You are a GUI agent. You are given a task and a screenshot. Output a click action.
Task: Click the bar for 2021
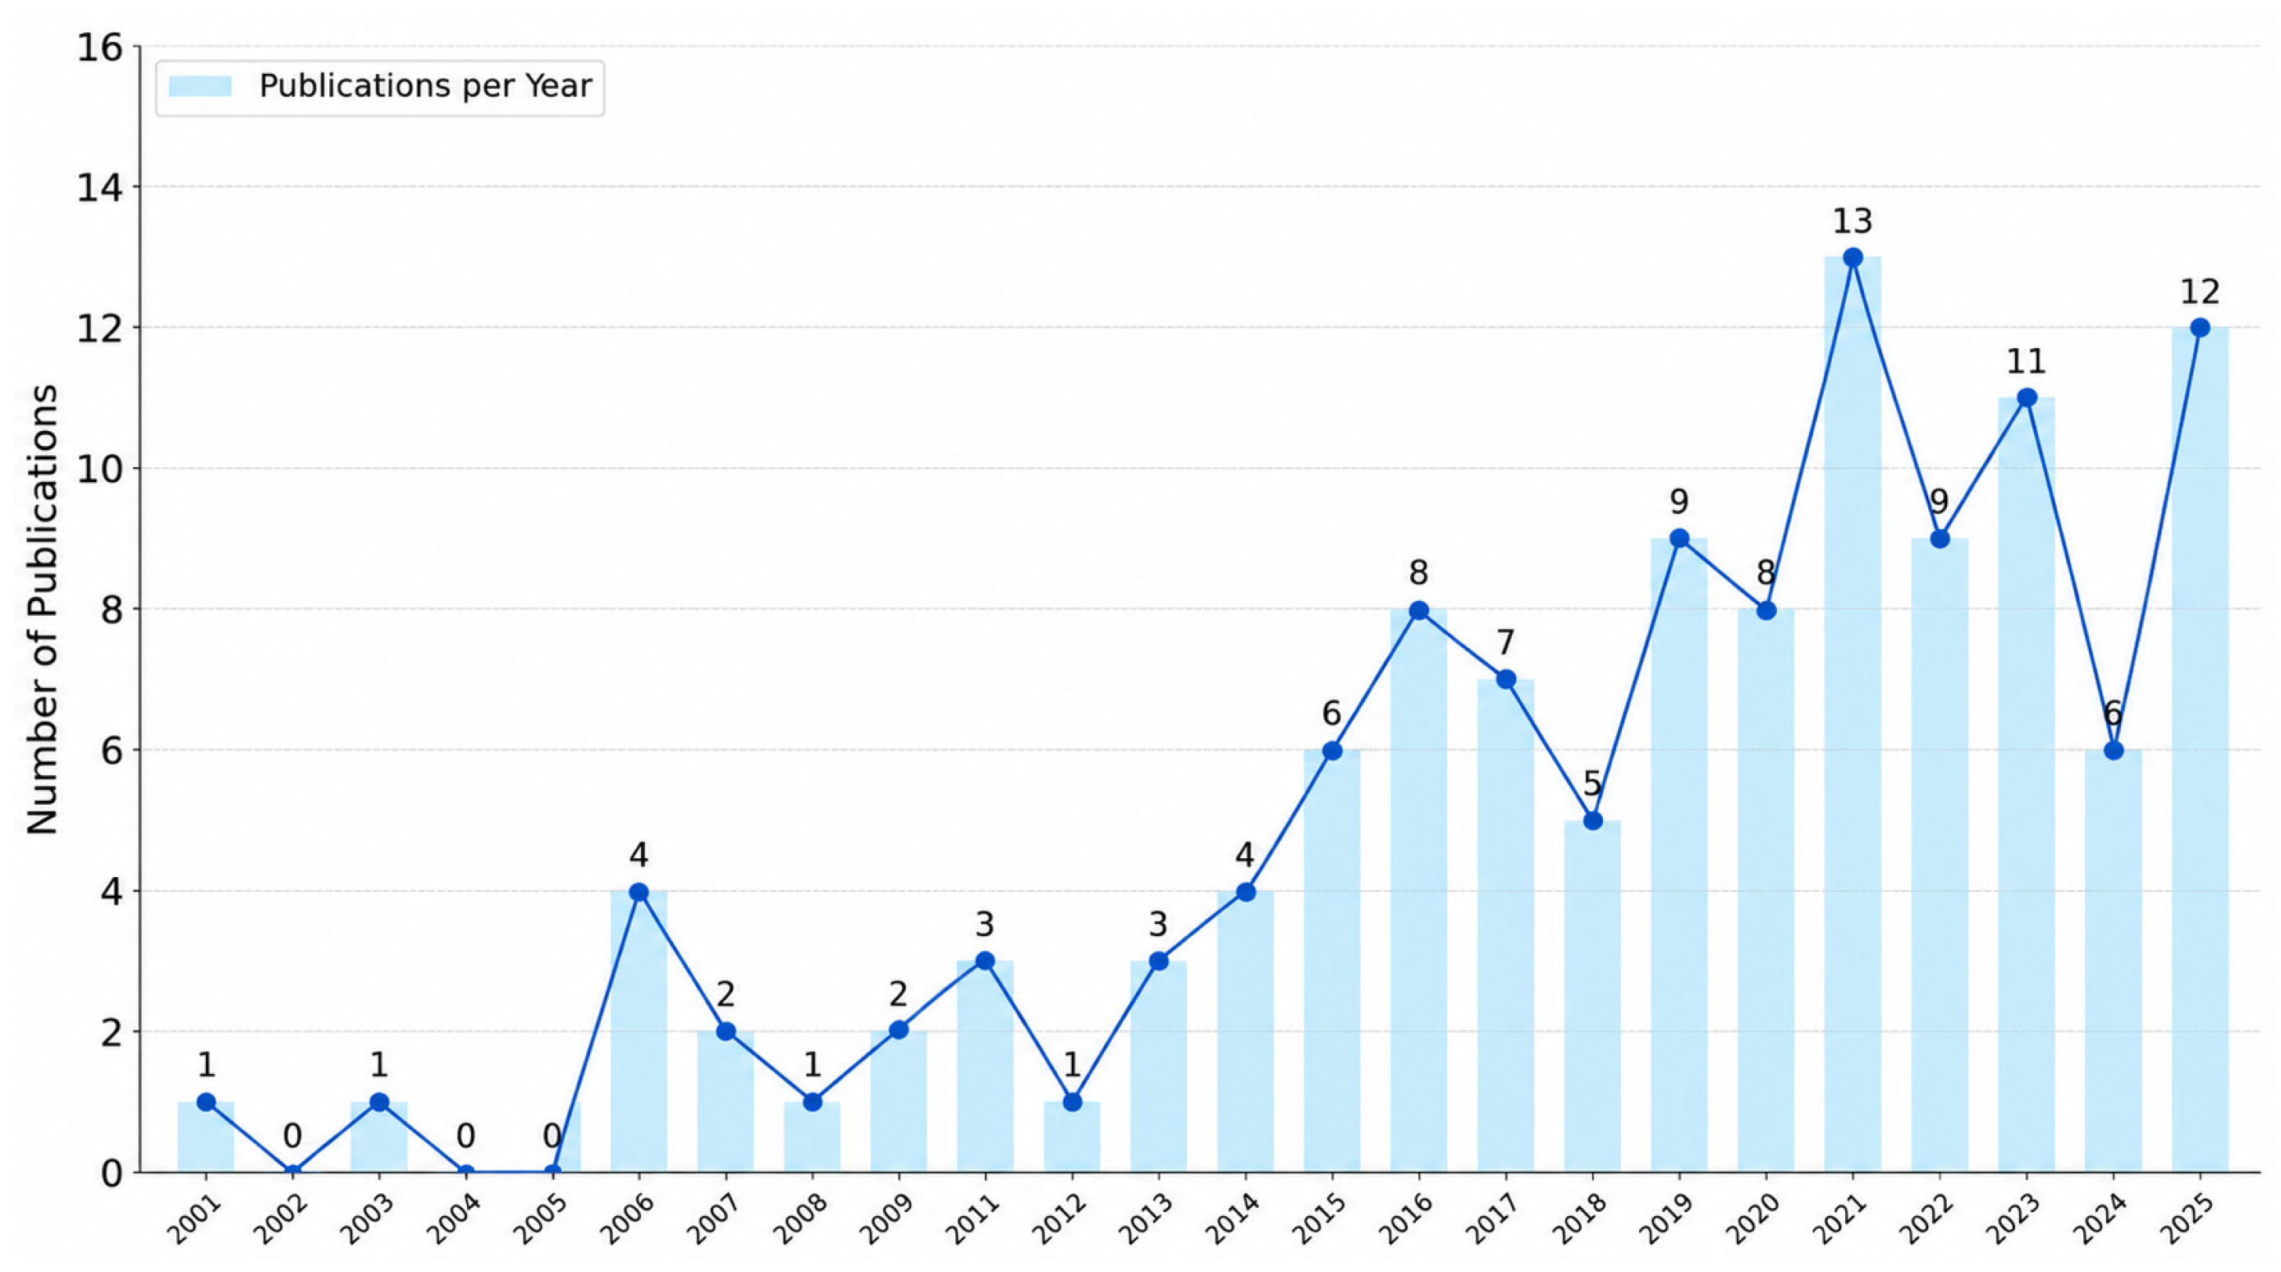pos(1853,714)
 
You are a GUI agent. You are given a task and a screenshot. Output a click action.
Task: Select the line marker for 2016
pos(1418,610)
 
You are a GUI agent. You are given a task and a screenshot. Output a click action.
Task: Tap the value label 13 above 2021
pos(1853,221)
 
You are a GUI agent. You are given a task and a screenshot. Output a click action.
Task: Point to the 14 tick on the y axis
pos(99,188)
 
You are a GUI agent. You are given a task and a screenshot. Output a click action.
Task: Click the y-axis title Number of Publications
pos(42,609)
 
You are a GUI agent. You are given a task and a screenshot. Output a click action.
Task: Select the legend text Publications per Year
pos(425,86)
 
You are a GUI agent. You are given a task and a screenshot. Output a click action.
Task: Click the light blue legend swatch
pos(200,86)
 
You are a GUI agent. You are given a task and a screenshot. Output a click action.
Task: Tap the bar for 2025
pos(2200,750)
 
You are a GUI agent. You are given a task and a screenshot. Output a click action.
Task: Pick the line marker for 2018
pos(1592,821)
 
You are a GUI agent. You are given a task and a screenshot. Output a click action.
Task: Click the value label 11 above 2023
pos(2026,361)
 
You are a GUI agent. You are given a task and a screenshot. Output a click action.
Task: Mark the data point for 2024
pos(2113,751)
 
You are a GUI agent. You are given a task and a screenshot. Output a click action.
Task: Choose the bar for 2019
pos(1679,855)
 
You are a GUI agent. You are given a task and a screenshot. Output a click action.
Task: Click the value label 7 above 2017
pos(1505,642)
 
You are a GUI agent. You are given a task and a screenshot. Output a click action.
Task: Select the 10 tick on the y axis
pos(99,469)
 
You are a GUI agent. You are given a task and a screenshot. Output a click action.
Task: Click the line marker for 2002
pos(292,1171)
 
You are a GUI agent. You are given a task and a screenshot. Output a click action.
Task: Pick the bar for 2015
pos(1332,961)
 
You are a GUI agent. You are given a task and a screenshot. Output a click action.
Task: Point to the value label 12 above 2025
pos(2200,292)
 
